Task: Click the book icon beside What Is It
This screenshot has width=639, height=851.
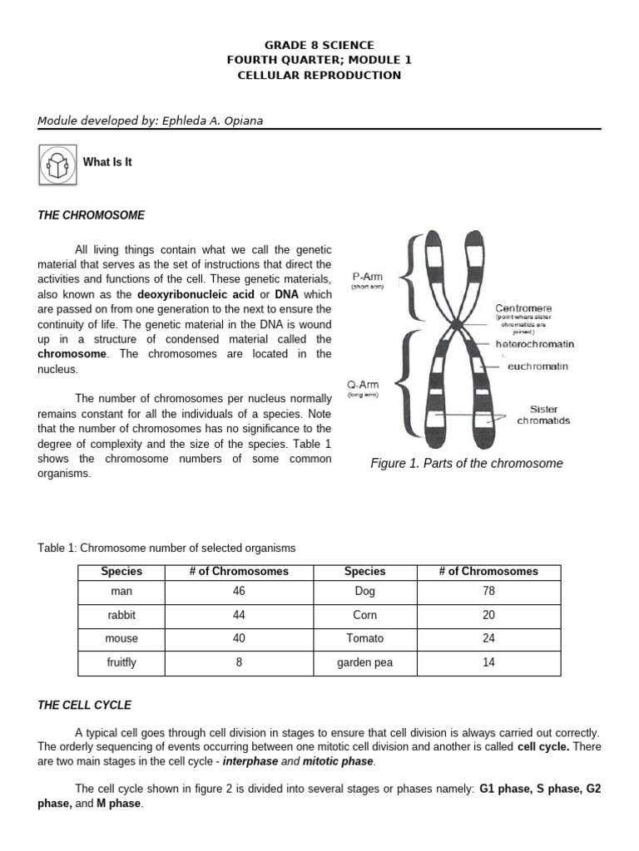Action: click(57, 163)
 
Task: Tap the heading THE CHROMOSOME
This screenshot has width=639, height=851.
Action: click(92, 215)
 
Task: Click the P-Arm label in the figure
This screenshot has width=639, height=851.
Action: click(368, 277)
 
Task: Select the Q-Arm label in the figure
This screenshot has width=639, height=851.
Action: click(363, 385)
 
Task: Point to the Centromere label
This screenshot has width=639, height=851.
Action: click(523, 308)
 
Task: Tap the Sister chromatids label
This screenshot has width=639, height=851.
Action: click(543, 415)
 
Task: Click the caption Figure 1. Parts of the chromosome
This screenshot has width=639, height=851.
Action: click(466, 463)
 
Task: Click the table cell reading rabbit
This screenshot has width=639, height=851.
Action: click(121, 615)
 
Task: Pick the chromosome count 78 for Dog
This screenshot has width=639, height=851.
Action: click(488, 592)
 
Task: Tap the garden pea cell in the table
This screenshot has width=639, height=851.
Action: click(364, 662)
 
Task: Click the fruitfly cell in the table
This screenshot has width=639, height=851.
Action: click(121, 662)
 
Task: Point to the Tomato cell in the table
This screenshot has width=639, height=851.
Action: click(364, 638)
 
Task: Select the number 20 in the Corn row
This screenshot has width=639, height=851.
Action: click(488, 615)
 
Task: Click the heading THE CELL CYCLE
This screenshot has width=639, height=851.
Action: click(85, 705)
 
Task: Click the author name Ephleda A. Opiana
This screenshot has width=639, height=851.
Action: click(212, 121)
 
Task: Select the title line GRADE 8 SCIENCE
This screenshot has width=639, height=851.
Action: click(319, 45)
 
